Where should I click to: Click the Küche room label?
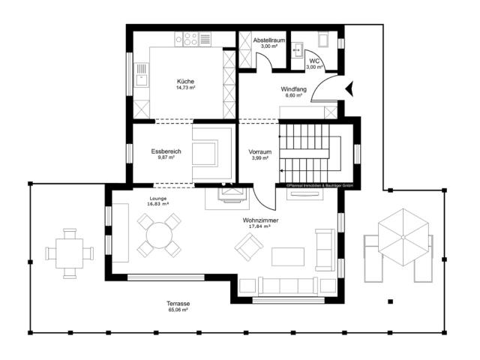(185, 81)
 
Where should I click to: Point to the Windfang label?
(293, 88)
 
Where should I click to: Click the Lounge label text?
(157, 198)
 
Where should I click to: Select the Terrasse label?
(178, 302)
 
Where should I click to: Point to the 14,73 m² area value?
(185, 88)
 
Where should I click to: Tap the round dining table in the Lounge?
(159, 235)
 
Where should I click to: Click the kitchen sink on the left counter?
(139, 73)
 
